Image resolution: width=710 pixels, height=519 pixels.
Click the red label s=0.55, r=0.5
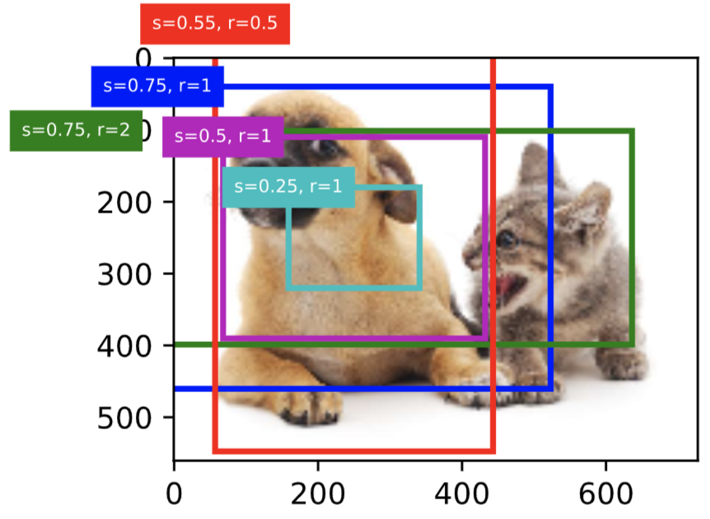(x=215, y=23)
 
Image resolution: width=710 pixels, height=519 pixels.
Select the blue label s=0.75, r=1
(x=157, y=86)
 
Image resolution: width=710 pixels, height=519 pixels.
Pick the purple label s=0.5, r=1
(x=223, y=136)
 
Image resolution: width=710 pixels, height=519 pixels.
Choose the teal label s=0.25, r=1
(x=288, y=187)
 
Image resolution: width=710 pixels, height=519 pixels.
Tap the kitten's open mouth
(x=511, y=289)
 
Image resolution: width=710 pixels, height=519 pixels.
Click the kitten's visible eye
(x=508, y=240)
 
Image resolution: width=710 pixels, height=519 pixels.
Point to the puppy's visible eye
(x=325, y=148)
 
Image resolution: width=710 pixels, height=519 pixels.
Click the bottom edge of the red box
(x=354, y=451)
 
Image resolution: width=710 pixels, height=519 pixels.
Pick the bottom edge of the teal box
(x=354, y=288)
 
